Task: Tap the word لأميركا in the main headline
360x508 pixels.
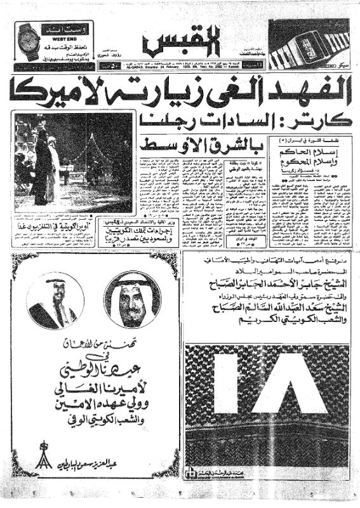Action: click(x=60, y=90)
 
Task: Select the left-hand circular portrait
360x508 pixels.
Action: click(x=51, y=302)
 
